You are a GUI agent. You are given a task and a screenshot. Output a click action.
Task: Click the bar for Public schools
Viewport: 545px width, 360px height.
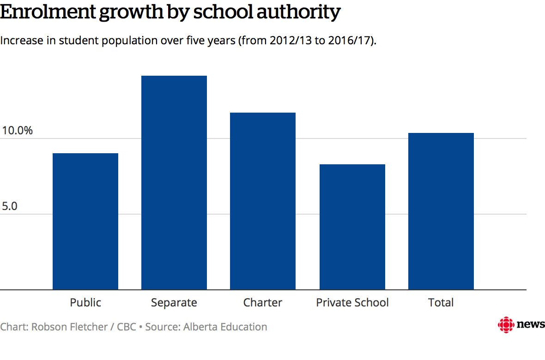[85, 222]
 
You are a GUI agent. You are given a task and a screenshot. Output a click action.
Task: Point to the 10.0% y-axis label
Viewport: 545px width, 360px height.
[17, 131]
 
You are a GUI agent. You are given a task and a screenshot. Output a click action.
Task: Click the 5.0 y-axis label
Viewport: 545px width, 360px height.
[10, 206]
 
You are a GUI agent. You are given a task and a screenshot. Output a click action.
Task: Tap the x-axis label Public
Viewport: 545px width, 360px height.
[85, 303]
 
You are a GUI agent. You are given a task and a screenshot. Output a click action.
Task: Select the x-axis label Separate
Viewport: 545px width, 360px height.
[174, 303]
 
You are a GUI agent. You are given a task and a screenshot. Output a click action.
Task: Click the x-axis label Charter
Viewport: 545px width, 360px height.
[263, 303]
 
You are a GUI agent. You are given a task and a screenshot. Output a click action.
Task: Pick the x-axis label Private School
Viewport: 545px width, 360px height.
[352, 303]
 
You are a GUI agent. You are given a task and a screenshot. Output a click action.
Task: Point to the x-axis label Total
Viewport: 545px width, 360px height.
[441, 303]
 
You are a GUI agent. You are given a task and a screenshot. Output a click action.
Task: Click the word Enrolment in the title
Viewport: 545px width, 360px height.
[47, 12]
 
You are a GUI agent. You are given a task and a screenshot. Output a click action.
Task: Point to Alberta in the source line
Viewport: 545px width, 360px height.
[201, 327]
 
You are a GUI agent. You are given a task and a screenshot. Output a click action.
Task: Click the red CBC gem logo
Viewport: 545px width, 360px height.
[506, 325]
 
